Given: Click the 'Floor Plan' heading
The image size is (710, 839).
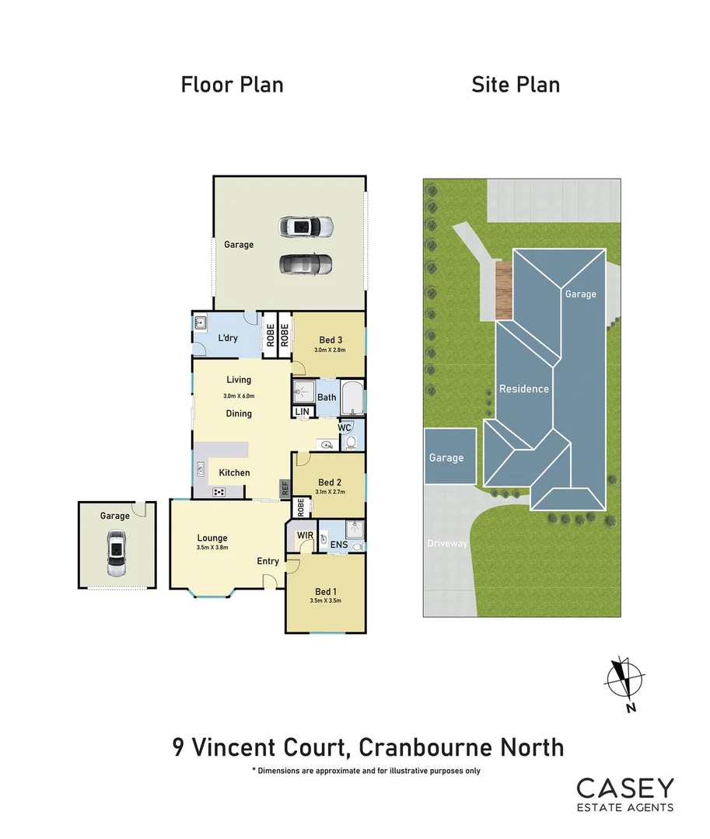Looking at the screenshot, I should coord(232,84).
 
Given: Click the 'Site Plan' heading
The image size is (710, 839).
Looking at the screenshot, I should coord(516,84).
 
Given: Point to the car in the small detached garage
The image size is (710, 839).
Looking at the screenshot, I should coord(116,553).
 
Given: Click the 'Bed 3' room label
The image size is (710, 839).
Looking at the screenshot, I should coord(331,339).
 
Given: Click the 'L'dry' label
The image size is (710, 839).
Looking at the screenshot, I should coord(227,338).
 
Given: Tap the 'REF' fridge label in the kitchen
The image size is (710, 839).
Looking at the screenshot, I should coord(285,489).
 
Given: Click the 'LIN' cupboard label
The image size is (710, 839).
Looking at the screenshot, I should coord(300,411).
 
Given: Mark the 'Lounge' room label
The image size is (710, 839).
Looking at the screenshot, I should coord(212,538).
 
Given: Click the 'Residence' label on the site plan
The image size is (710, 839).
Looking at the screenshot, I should coord(523,388).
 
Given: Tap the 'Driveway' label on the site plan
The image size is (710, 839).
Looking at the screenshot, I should coord(448,543).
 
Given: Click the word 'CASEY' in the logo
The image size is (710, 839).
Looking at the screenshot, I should coord(625,789).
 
